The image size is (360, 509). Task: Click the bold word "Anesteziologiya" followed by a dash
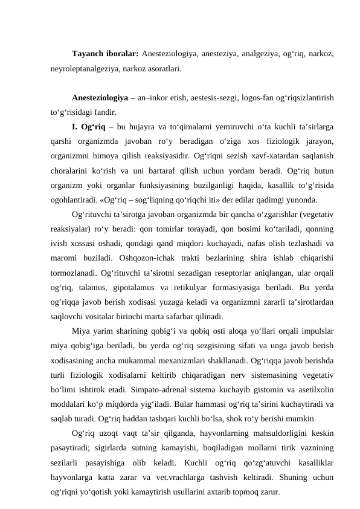(99, 97)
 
